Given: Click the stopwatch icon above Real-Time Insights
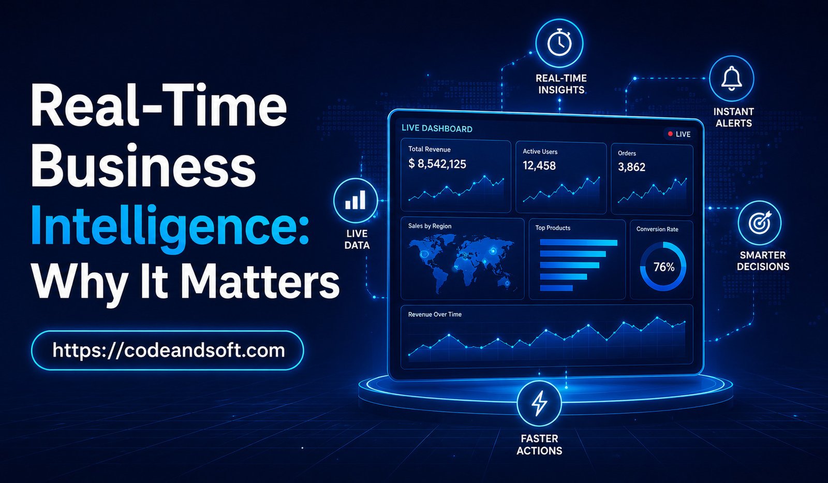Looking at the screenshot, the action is [x=559, y=43].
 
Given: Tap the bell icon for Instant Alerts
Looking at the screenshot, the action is [x=732, y=78].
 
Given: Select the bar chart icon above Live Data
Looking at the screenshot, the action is [x=355, y=200].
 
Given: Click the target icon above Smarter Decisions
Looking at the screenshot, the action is [x=760, y=223].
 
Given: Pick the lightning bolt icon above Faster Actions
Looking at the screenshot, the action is [x=539, y=403].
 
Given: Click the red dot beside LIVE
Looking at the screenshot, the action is [x=670, y=134].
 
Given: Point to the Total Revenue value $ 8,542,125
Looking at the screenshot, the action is [x=437, y=164].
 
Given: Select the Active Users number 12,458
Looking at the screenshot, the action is [x=539, y=165].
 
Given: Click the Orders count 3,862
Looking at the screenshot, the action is [x=632, y=167].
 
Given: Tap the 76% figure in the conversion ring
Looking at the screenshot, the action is [x=664, y=267].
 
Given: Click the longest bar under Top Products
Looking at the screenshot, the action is [x=579, y=243].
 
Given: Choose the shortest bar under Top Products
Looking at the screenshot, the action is [x=556, y=288].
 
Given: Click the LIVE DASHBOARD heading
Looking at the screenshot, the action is [x=437, y=128].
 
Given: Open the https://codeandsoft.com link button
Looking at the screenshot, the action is [x=168, y=350].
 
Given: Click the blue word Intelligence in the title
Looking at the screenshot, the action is [x=170, y=226].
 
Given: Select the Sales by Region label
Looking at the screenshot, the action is [x=430, y=226].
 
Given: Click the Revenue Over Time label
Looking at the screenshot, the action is [x=435, y=314].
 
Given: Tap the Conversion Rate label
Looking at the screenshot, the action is [x=657, y=229].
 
